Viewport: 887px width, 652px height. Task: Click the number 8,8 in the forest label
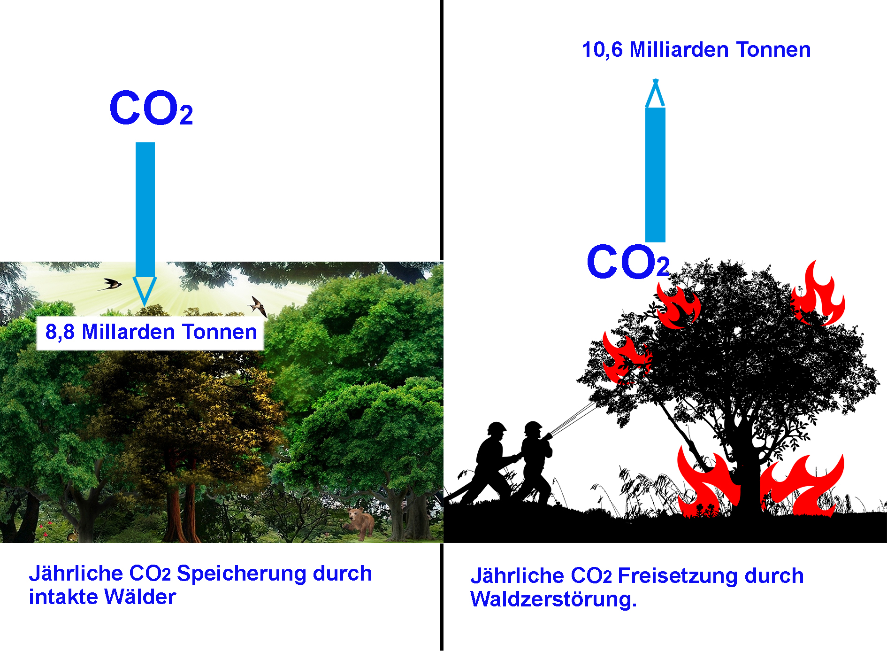60,332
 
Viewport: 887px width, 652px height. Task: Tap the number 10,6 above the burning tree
602,50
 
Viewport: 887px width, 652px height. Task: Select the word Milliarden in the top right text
679,49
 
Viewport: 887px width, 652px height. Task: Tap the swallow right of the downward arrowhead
257,306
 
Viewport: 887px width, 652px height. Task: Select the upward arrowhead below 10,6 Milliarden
655,93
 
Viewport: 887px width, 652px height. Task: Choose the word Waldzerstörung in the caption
553,599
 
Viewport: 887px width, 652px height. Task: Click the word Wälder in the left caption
140,597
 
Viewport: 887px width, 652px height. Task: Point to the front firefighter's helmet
533,428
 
